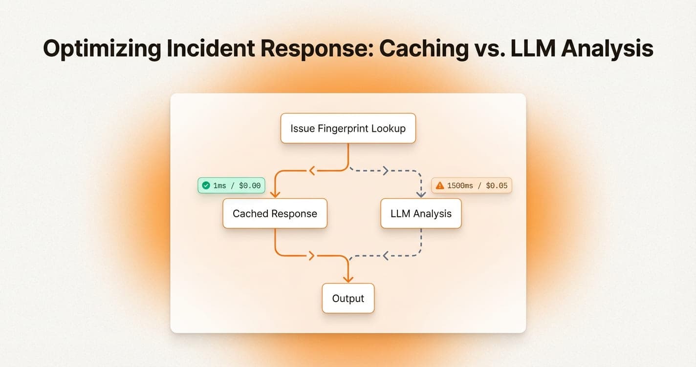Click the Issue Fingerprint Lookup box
[348, 128]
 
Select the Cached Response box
[275, 213]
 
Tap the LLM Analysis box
[421, 213]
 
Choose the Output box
[348, 298]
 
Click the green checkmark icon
[206, 185]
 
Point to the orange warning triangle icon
[439, 185]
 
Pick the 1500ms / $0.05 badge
[471, 185]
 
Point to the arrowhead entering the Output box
[348, 279]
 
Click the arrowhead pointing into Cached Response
[275, 194]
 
